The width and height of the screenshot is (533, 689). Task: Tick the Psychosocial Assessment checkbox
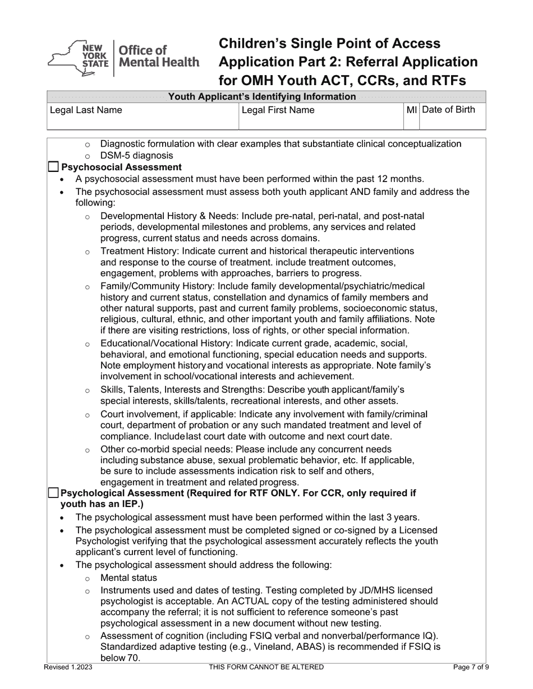coord(53,167)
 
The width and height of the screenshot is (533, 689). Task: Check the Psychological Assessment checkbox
coord(53,493)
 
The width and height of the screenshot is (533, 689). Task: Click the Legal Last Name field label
coord(86,110)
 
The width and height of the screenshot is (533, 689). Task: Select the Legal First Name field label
coord(278,110)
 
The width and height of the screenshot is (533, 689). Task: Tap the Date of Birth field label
coord(448,110)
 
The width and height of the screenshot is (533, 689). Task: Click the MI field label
coord(411,110)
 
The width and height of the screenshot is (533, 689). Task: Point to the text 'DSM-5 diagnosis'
coord(136,155)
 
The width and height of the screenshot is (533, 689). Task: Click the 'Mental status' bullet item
coord(128,578)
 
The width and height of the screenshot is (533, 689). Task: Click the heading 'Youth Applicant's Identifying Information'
coord(262,96)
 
